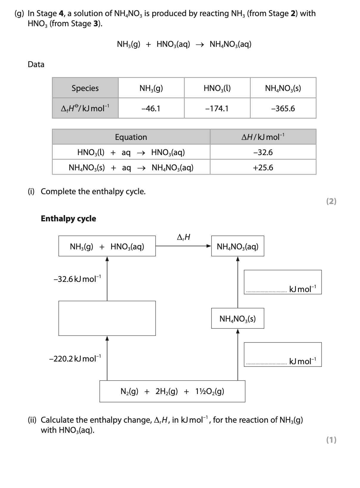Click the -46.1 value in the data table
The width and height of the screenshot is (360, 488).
coord(151,109)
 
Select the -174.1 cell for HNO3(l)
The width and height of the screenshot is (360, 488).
coord(217,109)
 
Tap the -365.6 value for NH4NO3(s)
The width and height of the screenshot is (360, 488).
coord(283,109)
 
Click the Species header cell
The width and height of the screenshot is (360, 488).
coord(85,88)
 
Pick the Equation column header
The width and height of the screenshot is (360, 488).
coord(131,137)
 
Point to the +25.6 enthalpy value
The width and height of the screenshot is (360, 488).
coord(263,168)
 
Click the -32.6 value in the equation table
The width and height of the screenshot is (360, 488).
coord(263,152)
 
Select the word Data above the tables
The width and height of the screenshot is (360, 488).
coord(36,64)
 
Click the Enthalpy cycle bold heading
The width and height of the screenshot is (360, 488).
coord(69,219)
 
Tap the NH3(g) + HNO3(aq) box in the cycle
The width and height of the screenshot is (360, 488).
coord(107,246)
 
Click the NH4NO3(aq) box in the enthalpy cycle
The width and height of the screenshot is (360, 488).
coord(238,246)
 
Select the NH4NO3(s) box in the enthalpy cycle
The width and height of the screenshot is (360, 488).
coord(238,319)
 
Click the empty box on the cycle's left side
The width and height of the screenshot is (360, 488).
coord(107,318)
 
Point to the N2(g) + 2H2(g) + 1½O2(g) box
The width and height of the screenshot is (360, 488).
coord(172,391)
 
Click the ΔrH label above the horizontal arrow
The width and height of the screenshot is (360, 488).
coord(184,237)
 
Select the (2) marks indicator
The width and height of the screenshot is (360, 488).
coord(331,201)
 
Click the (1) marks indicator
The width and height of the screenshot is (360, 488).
coord(331,440)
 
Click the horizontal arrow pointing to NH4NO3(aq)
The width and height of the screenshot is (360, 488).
coord(183,246)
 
